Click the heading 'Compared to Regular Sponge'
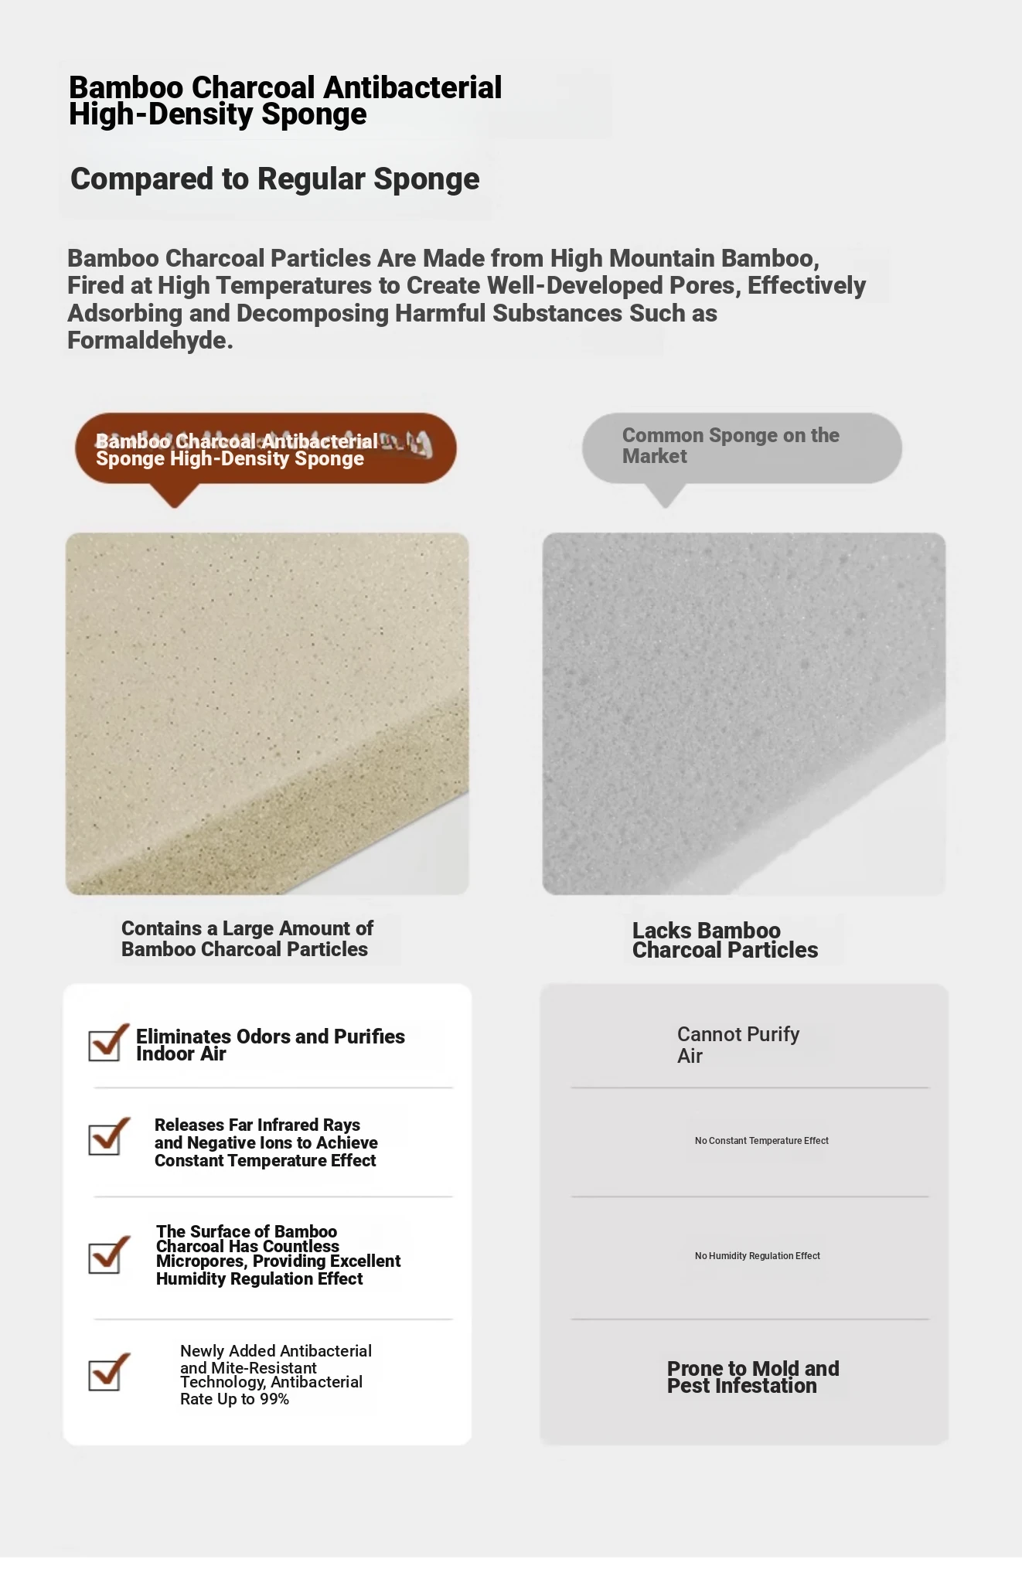(274, 179)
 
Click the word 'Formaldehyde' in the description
(148, 341)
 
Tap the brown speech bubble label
(265, 449)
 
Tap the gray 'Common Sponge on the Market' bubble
(741, 448)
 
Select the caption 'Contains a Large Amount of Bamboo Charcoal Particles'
(247, 938)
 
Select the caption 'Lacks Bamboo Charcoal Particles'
(724, 940)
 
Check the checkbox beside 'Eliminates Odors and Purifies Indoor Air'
(106, 1044)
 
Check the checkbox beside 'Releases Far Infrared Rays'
(106, 1139)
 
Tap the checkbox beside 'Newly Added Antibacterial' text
(106, 1374)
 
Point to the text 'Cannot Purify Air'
(738, 1044)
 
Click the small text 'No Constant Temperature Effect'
(761, 1141)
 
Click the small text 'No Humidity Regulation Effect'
(757, 1256)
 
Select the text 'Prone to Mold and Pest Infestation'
(752, 1377)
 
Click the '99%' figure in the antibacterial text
(274, 1399)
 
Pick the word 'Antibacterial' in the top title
(413, 88)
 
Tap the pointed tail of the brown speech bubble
(175, 499)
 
